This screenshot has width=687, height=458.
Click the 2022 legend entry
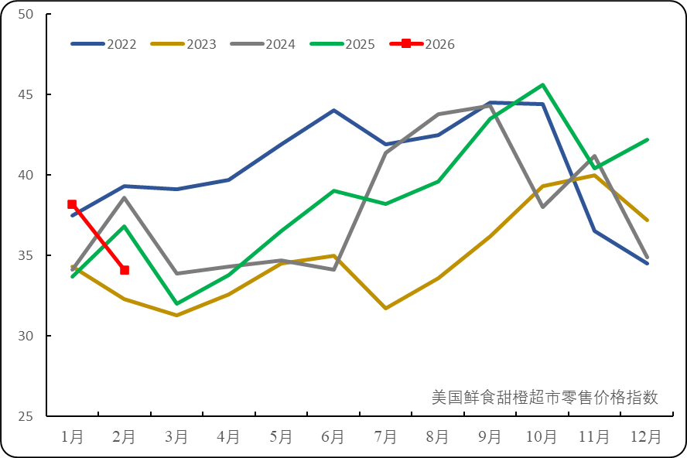(x=104, y=44)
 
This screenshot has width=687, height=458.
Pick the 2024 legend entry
(x=263, y=44)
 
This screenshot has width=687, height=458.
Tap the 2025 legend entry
(x=343, y=44)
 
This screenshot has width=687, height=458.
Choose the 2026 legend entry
(x=422, y=44)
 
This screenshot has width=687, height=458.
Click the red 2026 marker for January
(x=72, y=204)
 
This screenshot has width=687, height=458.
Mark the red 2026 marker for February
(x=125, y=270)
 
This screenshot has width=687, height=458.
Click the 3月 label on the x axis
(x=176, y=437)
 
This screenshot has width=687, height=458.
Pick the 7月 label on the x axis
(x=385, y=437)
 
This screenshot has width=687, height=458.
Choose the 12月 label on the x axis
(x=647, y=437)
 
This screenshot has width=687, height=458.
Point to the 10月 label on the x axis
(x=542, y=437)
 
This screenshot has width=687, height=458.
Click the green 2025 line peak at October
(x=543, y=84)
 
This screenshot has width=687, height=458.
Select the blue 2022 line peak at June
(x=333, y=111)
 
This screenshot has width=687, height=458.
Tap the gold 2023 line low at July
(x=385, y=308)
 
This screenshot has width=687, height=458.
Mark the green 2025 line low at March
(x=176, y=303)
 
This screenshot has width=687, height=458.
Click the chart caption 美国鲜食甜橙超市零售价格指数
(x=545, y=397)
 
